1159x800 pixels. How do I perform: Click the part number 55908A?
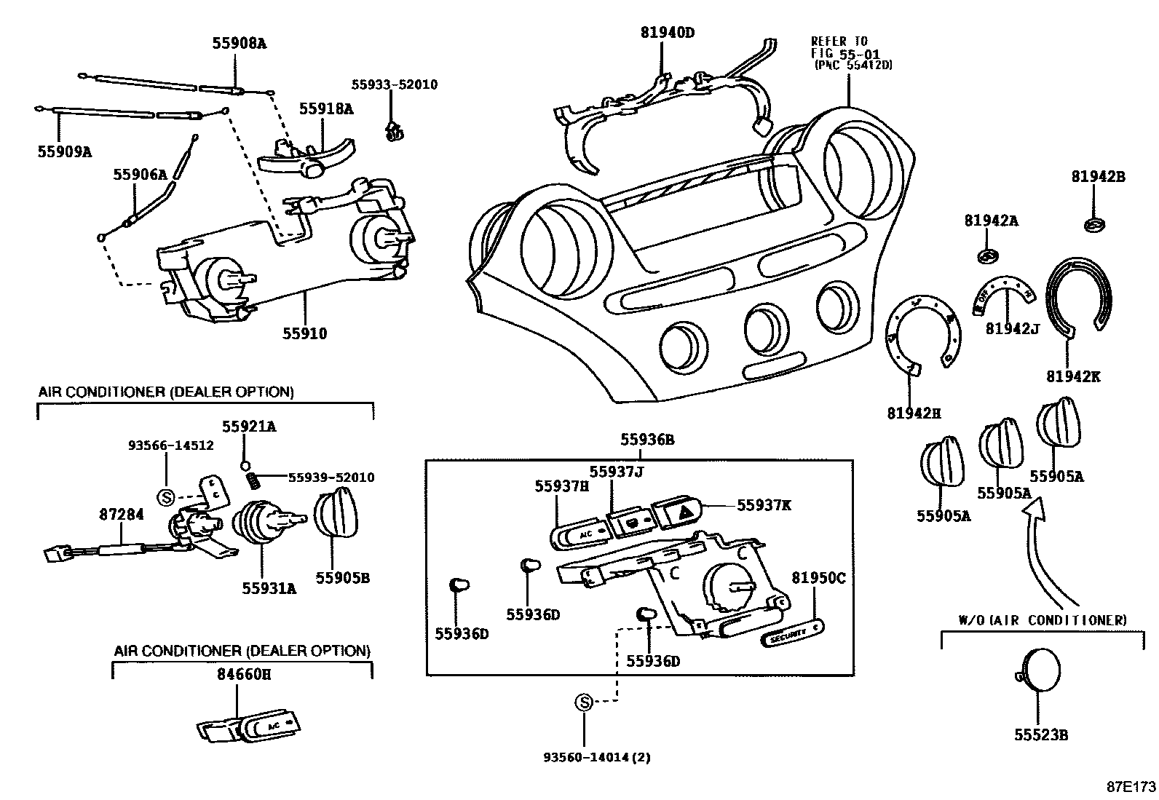click(x=239, y=43)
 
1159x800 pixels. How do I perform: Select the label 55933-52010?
click(x=395, y=84)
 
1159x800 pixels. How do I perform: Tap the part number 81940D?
click(x=668, y=32)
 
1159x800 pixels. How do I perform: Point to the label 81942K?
click(x=1073, y=376)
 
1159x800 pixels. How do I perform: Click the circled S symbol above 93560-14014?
click(x=584, y=702)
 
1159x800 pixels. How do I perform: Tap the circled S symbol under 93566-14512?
click(x=166, y=497)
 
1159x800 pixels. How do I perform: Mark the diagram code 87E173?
click(x=1131, y=787)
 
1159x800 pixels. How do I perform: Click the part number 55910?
click(x=305, y=334)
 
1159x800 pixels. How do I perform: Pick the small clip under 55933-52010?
click(x=394, y=131)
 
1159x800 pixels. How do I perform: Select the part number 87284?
click(x=122, y=514)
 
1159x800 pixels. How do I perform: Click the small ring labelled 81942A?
click(x=987, y=256)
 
